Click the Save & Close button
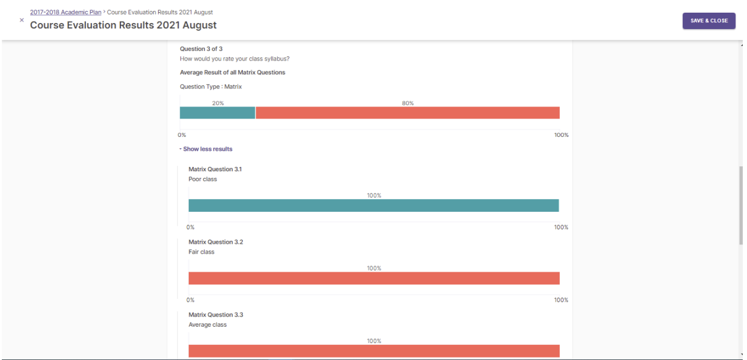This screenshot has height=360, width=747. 709,21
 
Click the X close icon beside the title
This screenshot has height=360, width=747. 22,20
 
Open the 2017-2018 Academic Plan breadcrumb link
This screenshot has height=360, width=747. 65,12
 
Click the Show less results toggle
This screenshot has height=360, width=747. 206,149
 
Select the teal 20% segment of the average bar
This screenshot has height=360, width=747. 217,113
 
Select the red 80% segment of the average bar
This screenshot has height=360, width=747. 407,113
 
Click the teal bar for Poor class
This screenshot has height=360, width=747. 373,206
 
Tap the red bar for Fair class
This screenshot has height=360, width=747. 373,278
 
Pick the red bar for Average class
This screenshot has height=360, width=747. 373,351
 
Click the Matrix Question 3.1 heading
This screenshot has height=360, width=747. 216,169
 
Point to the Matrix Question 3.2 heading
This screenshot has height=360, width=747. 216,242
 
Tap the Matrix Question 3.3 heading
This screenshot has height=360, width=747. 216,315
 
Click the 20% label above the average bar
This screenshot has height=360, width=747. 218,103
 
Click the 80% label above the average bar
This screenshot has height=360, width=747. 407,103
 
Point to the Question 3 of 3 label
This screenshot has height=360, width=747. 201,49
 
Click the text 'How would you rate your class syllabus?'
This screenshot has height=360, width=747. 234,59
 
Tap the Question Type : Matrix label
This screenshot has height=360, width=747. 211,87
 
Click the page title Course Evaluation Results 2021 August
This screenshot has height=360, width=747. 123,25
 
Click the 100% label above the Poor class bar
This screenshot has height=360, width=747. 374,195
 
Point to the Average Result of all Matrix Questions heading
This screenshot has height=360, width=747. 232,73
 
